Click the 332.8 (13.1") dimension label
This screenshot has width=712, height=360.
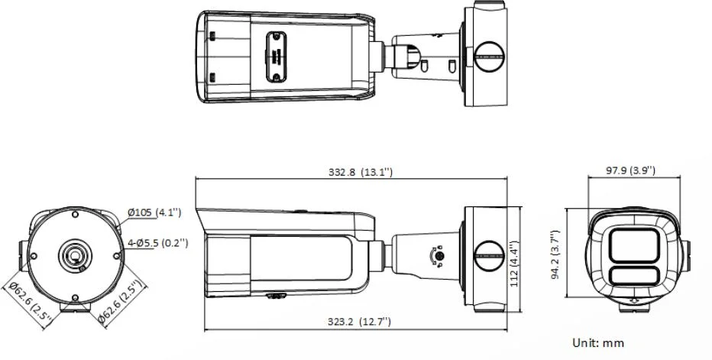click(360, 172)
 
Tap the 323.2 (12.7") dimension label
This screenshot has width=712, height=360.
click(359, 322)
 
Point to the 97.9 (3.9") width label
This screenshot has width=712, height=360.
click(630, 170)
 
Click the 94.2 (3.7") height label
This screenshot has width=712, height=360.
click(555, 255)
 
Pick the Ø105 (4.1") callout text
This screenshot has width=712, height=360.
click(154, 212)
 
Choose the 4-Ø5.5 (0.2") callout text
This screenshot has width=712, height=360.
click(157, 243)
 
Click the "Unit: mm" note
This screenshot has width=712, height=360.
click(598, 342)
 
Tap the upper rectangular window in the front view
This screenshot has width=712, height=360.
click(634, 246)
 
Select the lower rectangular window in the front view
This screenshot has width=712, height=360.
click(634, 277)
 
